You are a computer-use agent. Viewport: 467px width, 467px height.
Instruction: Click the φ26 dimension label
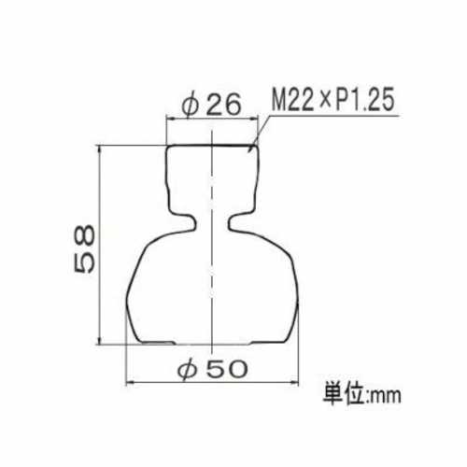[212, 105]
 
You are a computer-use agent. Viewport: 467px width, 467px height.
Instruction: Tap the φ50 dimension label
[213, 370]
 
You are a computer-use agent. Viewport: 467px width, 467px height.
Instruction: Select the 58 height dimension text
[84, 248]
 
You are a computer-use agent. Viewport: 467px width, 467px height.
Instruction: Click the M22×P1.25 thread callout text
[333, 99]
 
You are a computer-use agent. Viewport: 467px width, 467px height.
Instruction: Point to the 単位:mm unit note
[361, 394]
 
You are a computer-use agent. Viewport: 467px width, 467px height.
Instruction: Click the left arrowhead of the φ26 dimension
[171, 119]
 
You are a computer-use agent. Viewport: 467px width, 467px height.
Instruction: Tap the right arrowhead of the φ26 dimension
[254, 119]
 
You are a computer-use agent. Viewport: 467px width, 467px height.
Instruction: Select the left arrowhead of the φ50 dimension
[131, 383]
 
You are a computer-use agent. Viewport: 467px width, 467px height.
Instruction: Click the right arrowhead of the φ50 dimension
[294, 383]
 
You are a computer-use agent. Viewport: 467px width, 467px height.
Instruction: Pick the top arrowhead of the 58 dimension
[100, 149]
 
